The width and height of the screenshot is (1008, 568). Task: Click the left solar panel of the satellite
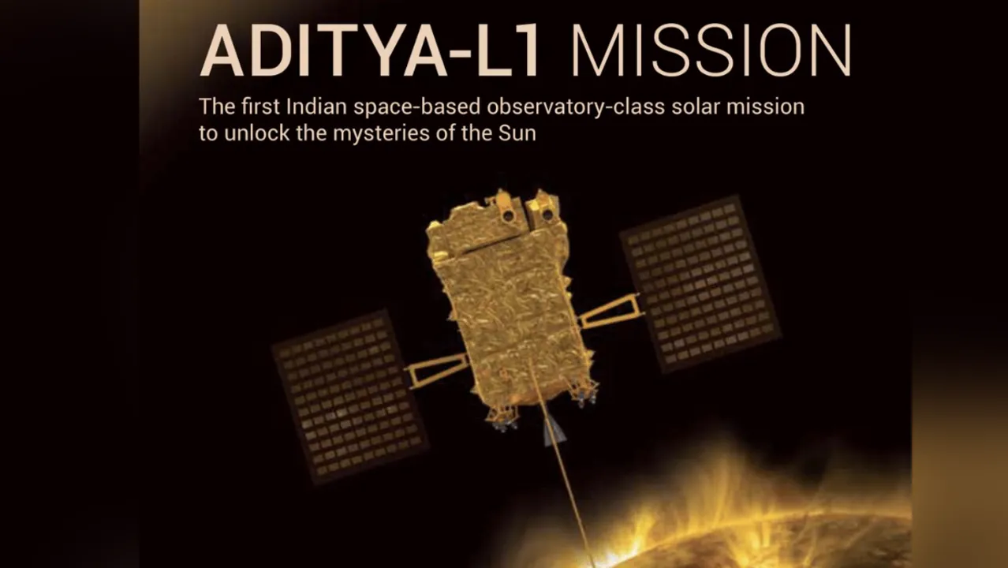348,394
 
